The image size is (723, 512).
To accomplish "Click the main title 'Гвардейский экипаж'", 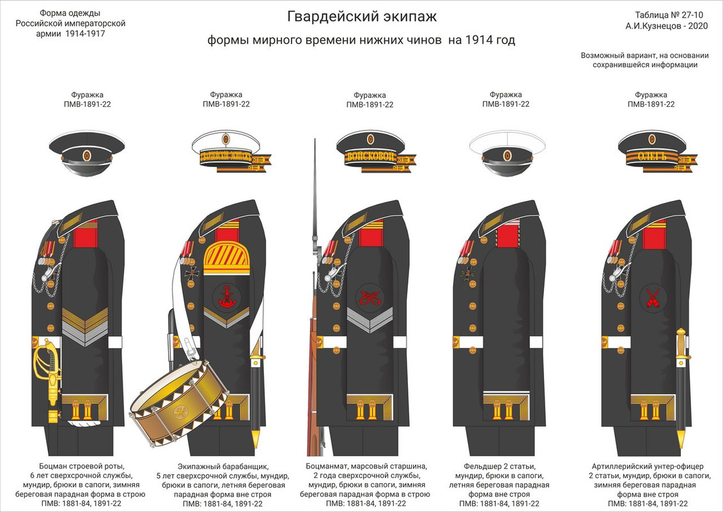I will pyautogui.click(x=361, y=16).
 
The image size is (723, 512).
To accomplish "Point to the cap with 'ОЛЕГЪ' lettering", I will pyautogui.click(x=651, y=152).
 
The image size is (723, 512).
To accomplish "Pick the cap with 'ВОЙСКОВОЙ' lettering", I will pyautogui.click(x=370, y=152).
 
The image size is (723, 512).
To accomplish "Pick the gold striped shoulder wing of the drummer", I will pyautogui.click(x=226, y=257).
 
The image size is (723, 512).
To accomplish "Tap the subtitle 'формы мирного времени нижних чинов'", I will pyautogui.click(x=325, y=40).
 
